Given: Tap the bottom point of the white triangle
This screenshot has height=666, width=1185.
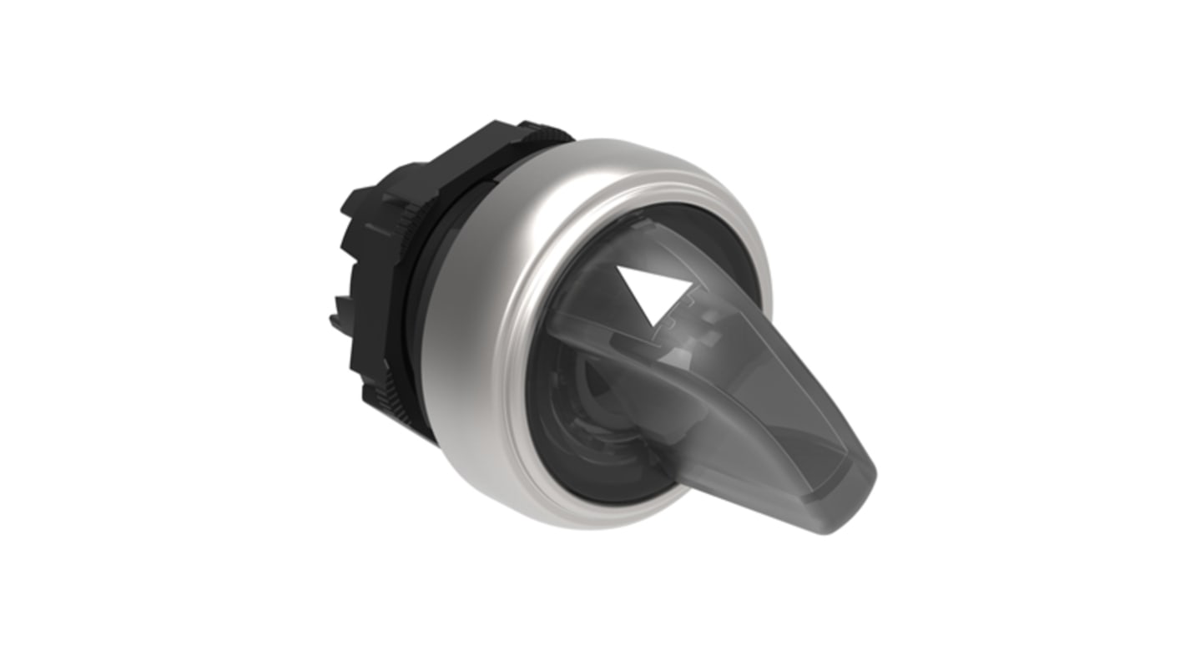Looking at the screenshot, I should [648, 326].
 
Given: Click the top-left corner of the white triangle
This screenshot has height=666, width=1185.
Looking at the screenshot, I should [621, 270].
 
